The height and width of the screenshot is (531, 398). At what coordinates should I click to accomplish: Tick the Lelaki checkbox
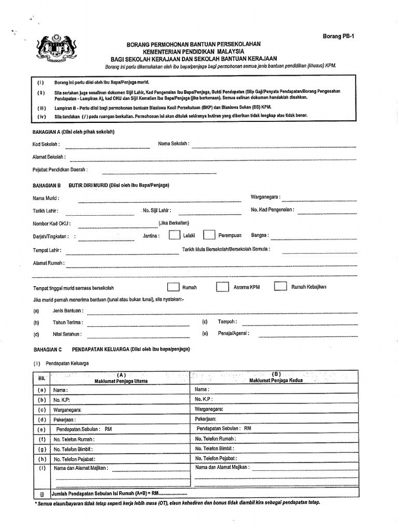click(x=174, y=235)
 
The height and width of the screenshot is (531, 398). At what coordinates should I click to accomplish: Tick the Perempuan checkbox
click(x=209, y=235)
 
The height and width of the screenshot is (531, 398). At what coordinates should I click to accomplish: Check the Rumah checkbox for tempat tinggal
click(x=174, y=287)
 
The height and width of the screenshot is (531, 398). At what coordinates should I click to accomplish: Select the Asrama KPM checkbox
click(x=222, y=287)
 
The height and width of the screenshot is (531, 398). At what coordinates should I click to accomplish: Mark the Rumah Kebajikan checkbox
click(x=280, y=287)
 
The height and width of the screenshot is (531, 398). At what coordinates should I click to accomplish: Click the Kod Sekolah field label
click(x=46, y=144)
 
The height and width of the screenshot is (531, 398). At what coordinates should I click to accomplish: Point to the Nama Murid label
click(x=46, y=198)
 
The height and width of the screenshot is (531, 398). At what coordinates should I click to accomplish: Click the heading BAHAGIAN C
click(x=47, y=350)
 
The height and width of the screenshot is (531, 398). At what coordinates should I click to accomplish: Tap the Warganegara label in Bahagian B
click(x=266, y=198)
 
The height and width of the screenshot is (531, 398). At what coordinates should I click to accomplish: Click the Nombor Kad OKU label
click(x=52, y=223)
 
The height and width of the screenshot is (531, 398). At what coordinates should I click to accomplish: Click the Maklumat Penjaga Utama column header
click(x=121, y=381)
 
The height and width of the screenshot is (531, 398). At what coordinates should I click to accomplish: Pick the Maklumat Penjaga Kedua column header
click(x=276, y=380)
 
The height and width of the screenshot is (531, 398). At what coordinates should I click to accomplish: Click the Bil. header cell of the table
click(x=42, y=378)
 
